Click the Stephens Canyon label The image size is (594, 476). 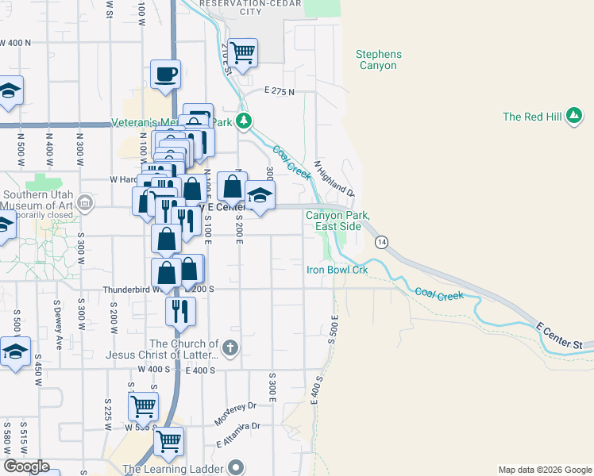(379, 60)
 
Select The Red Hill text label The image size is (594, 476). (532, 117)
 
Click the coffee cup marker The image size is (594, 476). (165, 75)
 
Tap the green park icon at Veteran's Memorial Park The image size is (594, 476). (245, 122)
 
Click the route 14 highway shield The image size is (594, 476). (382, 241)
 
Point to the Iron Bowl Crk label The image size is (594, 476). (337, 270)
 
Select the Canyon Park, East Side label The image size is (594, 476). (337, 221)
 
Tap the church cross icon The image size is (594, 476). (229, 347)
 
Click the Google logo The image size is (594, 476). (26, 466)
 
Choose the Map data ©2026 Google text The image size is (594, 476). (544, 470)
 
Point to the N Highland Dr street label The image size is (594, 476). (334, 178)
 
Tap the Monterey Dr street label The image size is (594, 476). (236, 412)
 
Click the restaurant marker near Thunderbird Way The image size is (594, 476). (180, 310)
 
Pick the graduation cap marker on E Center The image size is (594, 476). (259, 198)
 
